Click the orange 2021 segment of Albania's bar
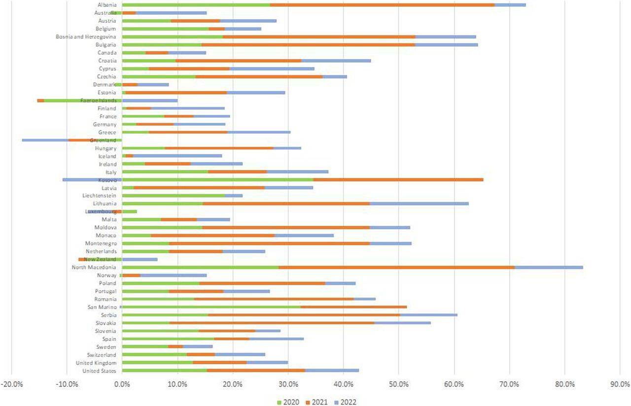click(x=382, y=5)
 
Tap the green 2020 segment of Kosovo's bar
click(x=217, y=180)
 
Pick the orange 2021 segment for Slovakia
click(x=272, y=323)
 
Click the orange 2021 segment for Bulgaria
click(x=308, y=45)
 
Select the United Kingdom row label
click(x=99, y=363)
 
